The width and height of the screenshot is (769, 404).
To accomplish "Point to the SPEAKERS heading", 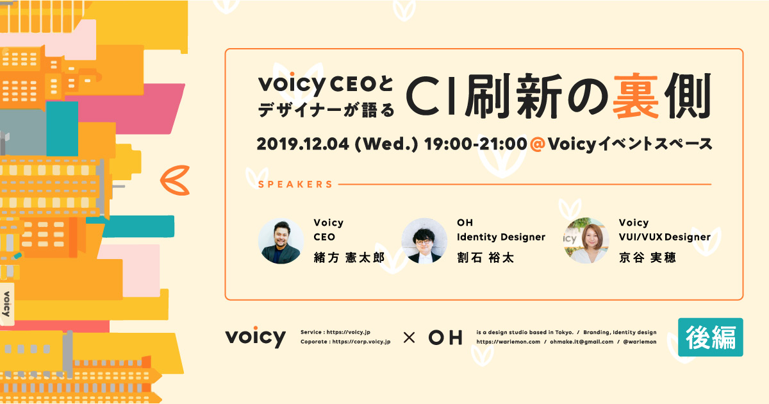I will pos(295,185).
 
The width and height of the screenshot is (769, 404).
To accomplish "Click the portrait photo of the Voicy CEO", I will pos(281,240).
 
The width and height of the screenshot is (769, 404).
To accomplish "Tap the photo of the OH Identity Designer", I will pos(424,240).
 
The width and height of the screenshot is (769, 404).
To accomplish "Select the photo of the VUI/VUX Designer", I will pos(586,240).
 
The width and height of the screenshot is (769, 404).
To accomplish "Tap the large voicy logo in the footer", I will pos(255,337).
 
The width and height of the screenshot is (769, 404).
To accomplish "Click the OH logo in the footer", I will pos(445,338).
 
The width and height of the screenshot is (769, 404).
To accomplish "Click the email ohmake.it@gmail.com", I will pos(581,342).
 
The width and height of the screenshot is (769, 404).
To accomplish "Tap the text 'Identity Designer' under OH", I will pos(501,237).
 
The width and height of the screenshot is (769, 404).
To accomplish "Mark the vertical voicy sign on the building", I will pos(6,304).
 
